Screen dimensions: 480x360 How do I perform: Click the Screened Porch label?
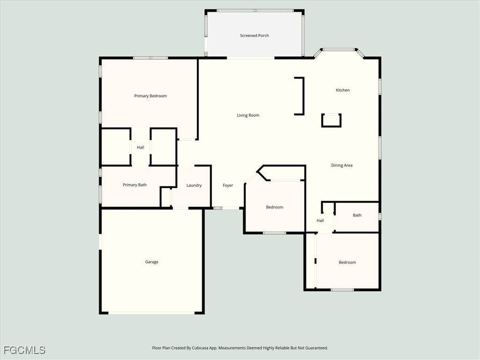[255, 36]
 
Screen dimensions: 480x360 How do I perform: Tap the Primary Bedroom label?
[150, 96]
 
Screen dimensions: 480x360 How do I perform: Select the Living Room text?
[248, 115]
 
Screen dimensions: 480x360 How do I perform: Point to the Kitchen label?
[343, 90]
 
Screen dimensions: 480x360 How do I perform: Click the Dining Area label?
[342, 165]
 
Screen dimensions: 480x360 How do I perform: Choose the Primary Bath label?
[135, 185]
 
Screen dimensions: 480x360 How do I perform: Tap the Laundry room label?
[194, 185]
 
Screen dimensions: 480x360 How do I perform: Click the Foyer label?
[228, 185]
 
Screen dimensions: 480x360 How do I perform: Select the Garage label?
[151, 262]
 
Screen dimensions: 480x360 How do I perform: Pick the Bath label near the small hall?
[357, 215]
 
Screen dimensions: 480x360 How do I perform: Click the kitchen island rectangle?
[331, 120]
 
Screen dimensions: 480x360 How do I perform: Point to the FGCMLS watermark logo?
[24, 350]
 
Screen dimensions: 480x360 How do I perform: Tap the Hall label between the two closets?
[141, 147]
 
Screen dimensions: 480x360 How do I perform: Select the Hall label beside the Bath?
[320, 220]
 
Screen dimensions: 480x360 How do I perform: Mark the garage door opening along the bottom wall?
[151, 313]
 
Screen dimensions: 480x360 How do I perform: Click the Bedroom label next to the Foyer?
[275, 207]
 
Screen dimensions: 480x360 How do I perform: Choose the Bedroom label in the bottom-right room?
[347, 262]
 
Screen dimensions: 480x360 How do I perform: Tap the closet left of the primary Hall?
[116, 147]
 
